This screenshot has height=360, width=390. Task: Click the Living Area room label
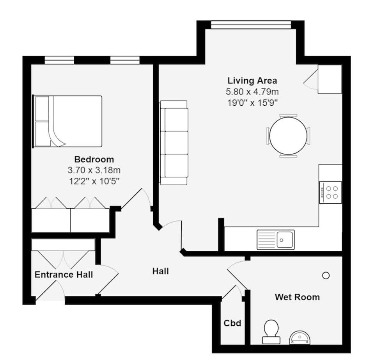pos(252,81)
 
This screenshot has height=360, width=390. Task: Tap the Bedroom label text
pos(94,160)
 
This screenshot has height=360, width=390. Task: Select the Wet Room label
pos(297,297)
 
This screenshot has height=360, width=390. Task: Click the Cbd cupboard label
pos(232,323)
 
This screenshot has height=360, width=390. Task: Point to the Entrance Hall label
pos(64,275)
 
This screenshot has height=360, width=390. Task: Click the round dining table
pos(289,136)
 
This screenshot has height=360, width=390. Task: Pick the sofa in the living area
pos(174,143)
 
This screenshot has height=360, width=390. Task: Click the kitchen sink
pos(275,239)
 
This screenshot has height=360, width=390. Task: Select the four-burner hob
pos(330,192)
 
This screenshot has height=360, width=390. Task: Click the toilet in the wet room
pos(271,332)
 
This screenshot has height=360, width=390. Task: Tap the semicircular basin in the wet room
pos(299,338)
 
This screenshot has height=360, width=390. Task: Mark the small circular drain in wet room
pos(326,276)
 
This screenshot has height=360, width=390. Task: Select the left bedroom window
pos(59,60)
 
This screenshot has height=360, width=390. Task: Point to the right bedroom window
pos(125,60)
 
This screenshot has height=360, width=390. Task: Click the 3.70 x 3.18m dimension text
pos(94,170)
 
